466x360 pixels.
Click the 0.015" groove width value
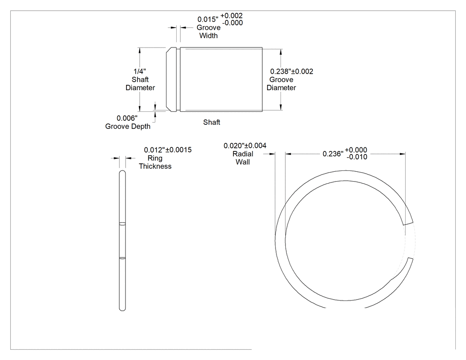208,20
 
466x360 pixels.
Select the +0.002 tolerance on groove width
232,16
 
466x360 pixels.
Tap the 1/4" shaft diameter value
140,71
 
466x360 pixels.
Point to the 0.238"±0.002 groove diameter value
292,71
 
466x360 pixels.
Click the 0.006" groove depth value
127,119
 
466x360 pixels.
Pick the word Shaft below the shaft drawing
212,122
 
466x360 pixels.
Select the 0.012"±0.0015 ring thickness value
168,150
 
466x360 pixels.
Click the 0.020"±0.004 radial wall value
245,146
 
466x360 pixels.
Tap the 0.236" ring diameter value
333,154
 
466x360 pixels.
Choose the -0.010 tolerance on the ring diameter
357,157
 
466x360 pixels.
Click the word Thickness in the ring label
155,166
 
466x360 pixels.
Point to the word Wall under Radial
242,162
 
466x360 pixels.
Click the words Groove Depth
128,127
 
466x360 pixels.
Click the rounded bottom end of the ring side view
122,309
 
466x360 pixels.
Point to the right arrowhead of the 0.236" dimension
403,154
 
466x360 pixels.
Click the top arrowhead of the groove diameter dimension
281,52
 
